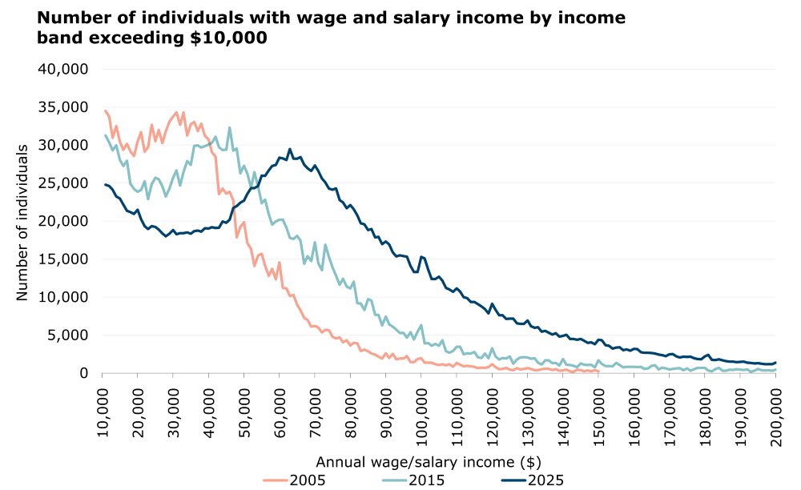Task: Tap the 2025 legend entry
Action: [x=534, y=480]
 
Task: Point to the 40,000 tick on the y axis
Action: [x=64, y=69]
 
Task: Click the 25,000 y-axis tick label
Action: [x=64, y=183]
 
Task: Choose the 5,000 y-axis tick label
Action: [x=68, y=335]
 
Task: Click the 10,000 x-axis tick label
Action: [x=102, y=411]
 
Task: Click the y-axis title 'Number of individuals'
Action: [x=22, y=221]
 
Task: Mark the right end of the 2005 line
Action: [x=598, y=371]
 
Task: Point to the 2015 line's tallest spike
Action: [x=229, y=127]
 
